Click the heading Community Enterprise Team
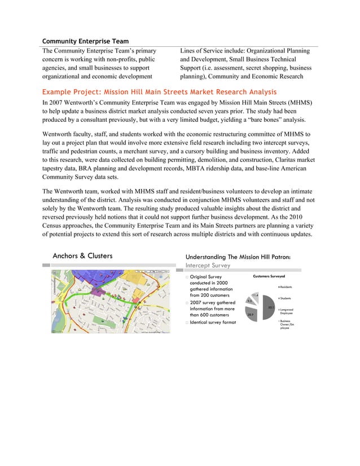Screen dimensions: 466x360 (x=85, y=41)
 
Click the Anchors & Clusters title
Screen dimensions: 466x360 (x=82, y=256)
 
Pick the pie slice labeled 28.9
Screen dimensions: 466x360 (x=251, y=314)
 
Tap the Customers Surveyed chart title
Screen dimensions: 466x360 (x=269, y=276)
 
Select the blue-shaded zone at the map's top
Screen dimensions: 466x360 (x=90, y=276)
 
